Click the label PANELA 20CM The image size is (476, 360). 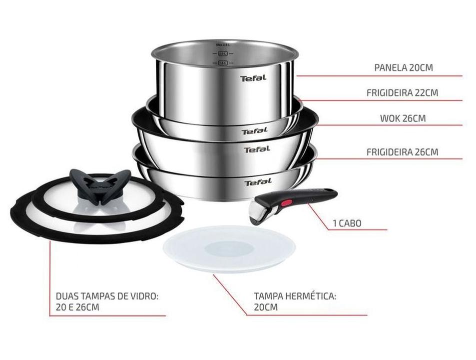pos(403,67)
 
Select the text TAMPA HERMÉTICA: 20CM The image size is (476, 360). pos(295,301)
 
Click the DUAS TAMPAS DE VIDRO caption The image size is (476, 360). pos(107,301)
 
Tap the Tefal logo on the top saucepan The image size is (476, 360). pos(253,78)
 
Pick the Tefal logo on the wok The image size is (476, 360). pos(257,149)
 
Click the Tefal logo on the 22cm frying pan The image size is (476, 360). pos(255,131)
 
